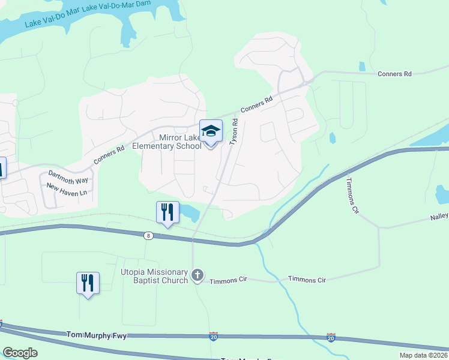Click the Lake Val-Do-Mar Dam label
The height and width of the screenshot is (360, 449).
(117, 8)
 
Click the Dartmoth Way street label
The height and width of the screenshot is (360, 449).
(67, 179)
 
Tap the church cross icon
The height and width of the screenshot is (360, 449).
(197, 275)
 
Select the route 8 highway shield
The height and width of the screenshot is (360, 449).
(148, 236)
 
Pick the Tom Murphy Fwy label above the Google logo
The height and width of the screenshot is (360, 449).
(97, 335)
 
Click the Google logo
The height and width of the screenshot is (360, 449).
(20, 353)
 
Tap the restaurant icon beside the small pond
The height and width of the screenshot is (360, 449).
(167, 212)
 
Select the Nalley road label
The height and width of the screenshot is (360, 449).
(439, 217)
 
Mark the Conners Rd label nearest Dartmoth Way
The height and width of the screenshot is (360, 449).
(109, 155)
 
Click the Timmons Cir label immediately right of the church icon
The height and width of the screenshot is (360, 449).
(229, 280)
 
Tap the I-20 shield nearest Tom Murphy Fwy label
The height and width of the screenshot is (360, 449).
(213, 337)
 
